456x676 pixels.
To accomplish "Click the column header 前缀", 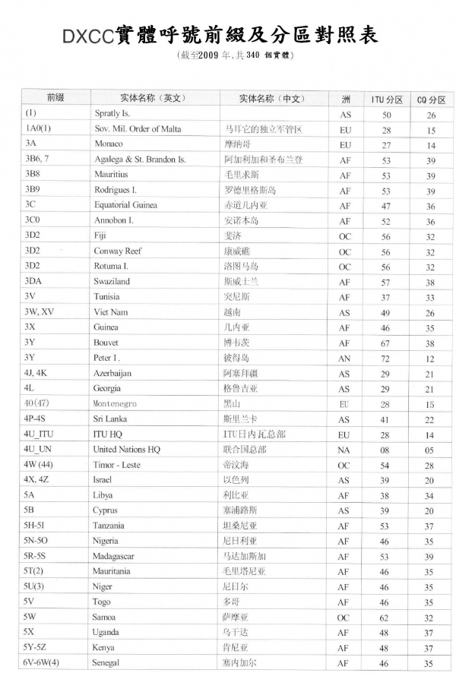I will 55,98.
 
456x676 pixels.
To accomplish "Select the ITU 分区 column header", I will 387,100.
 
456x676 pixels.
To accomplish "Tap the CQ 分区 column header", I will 431,100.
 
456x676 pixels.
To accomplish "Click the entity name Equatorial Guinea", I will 126,205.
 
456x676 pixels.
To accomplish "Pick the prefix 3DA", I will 34,281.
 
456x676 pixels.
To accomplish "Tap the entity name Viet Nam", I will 111,311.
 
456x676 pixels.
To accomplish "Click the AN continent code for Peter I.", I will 345,358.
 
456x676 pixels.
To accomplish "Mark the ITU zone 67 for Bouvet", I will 387,343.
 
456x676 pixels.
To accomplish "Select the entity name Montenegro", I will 115,404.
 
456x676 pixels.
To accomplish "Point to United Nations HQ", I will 127,450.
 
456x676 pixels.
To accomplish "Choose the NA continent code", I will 345,450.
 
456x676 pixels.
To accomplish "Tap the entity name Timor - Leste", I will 117,465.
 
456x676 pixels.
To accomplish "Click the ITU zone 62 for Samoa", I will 387,618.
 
